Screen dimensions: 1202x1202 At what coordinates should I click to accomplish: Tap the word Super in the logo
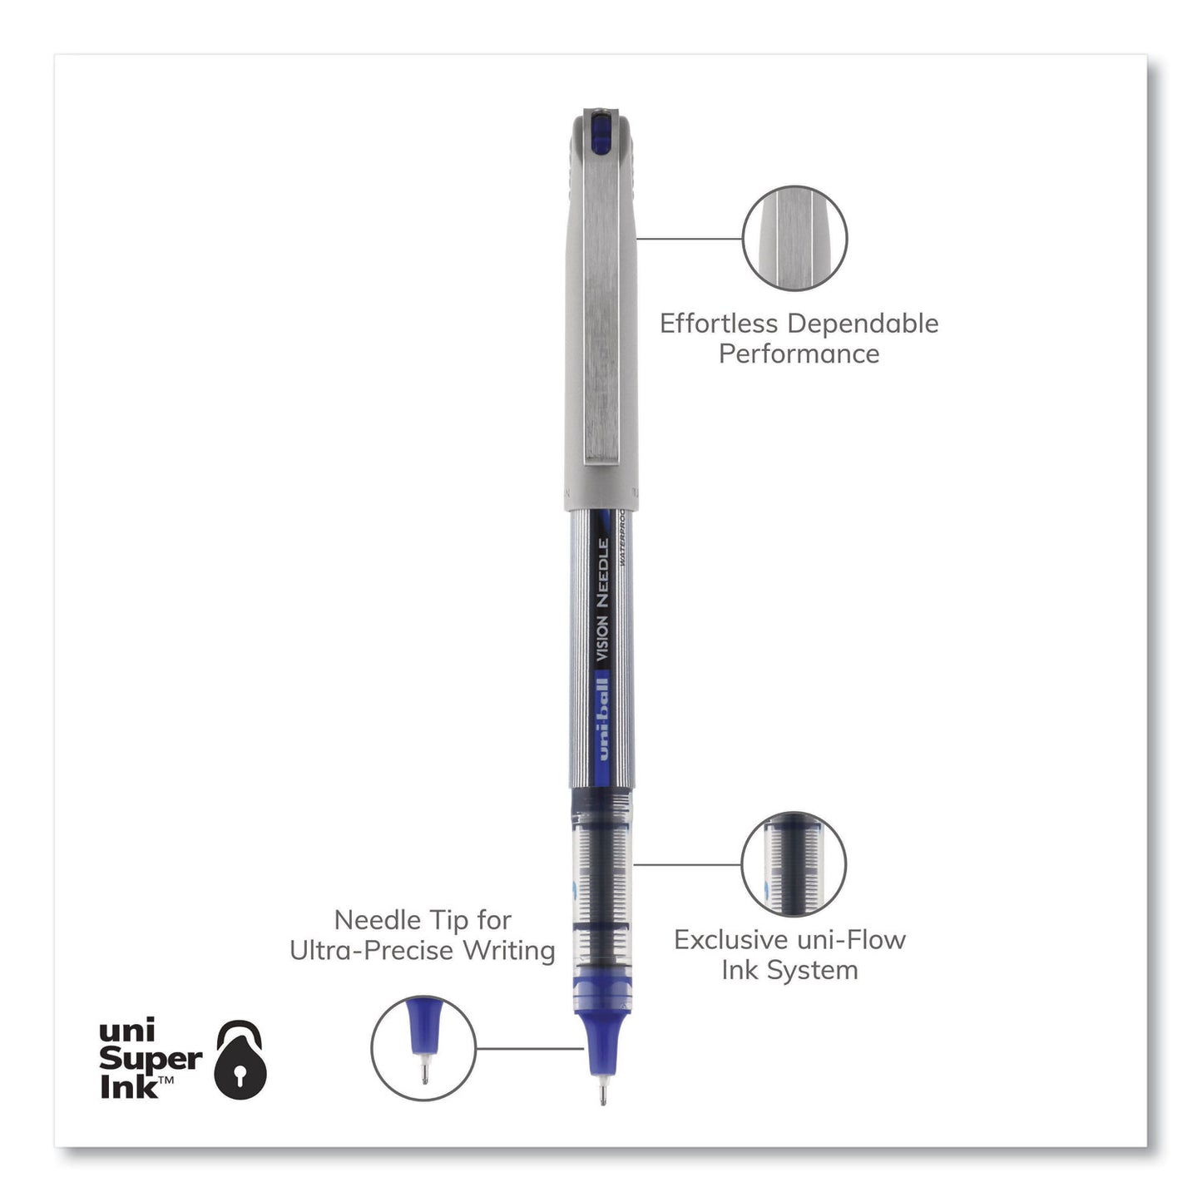151,1059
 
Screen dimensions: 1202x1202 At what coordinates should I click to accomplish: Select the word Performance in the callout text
799,354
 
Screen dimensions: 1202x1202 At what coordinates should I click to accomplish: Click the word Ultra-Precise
370,950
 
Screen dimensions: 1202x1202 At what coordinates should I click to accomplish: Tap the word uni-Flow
857,940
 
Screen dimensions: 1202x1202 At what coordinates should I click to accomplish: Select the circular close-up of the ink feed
794,864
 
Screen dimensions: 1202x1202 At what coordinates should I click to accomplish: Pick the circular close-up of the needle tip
423,1048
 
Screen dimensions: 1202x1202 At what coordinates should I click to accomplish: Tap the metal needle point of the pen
602,1091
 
